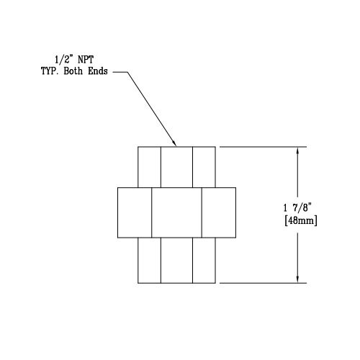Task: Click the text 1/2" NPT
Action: (x=74, y=60)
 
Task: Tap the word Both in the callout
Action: (x=73, y=71)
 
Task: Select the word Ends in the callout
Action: (x=98, y=71)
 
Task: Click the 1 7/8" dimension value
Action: (x=297, y=207)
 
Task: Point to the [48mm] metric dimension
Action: (x=301, y=220)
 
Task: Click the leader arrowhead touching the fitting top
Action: (x=174, y=143)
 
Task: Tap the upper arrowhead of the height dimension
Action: (x=297, y=151)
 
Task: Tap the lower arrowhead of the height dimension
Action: (x=297, y=279)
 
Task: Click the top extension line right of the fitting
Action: (x=263, y=147)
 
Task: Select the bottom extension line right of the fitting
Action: (x=263, y=283)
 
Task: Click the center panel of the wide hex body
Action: (x=176, y=212)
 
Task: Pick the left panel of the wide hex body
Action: (x=135, y=212)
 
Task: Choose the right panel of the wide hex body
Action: (x=219, y=212)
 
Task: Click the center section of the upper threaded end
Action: (x=176, y=167)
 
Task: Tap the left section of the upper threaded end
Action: (x=149, y=167)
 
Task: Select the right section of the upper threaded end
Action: (x=204, y=167)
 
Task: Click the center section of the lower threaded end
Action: (x=176, y=261)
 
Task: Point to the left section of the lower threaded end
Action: (x=149, y=261)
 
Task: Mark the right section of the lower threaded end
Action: (x=204, y=261)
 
